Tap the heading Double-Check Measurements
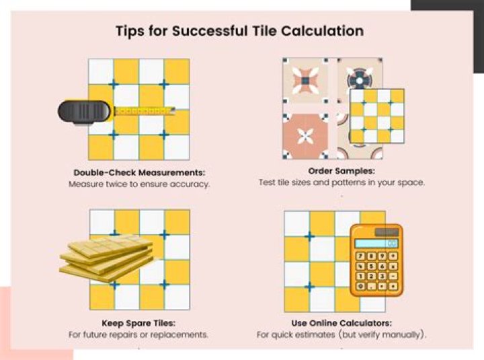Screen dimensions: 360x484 click(139, 171)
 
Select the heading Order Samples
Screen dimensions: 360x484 click(341, 171)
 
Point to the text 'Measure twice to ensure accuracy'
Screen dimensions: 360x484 click(139, 183)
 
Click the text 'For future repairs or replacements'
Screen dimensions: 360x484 click(139, 334)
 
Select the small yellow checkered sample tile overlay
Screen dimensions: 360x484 click(377, 116)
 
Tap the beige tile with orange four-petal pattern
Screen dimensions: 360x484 click(306, 81)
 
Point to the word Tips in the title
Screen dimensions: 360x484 click(130, 31)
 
